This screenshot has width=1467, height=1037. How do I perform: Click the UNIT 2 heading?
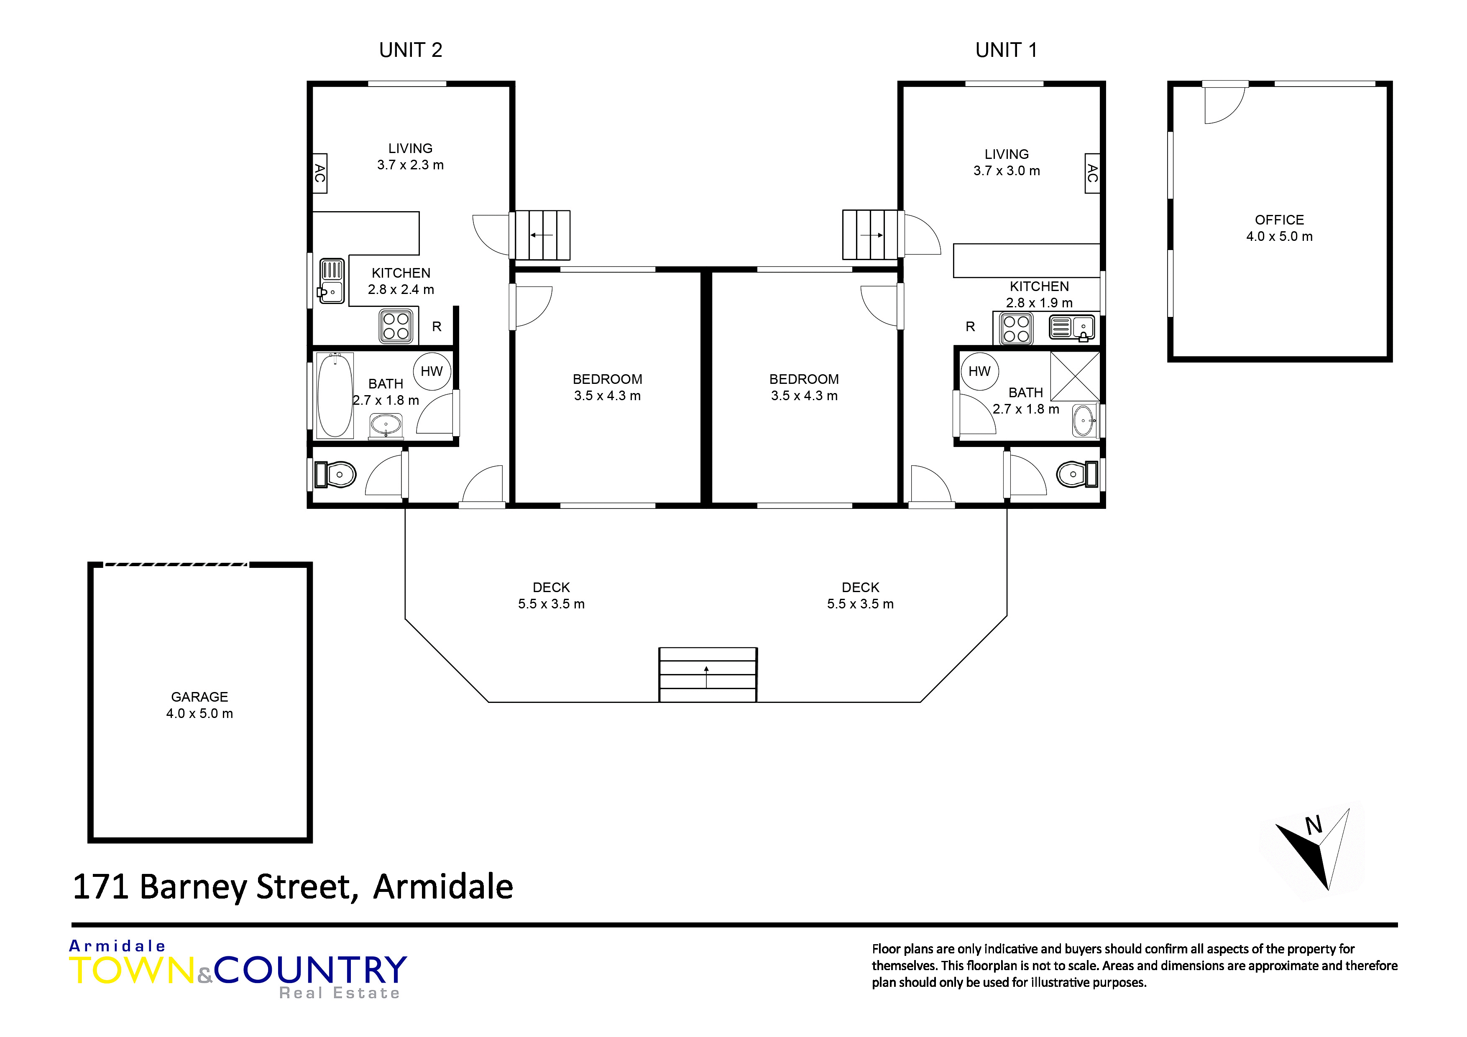click(x=410, y=50)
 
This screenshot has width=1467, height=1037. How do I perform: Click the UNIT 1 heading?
click(x=1006, y=50)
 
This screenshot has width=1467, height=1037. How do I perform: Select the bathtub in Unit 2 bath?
click(x=335, y=396)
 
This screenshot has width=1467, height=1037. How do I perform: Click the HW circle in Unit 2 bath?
click(x=432, y=371)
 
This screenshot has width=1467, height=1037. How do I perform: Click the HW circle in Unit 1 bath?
click(x=979, y=371)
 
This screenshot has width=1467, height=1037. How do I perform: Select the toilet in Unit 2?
click(x=335, y=475)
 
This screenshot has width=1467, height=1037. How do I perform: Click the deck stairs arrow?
click(x=707, y=677)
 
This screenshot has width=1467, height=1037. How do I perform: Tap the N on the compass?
click(x=1314, y=825)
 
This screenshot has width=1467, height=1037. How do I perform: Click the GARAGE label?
click(x=199, y=697)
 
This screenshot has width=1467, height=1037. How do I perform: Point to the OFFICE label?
click(x=1279, y=220)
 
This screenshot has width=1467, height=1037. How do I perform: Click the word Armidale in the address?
click(x=443, y=887)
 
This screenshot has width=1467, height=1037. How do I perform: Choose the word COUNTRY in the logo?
click(x=311, y=970)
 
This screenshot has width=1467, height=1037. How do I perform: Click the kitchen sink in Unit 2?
click(x=332, y=281)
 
